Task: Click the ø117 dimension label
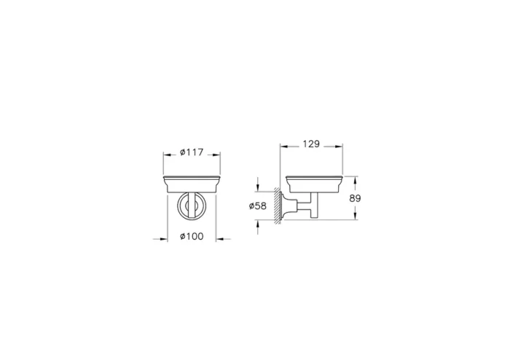[x=192, y=153]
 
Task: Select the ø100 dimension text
[x=192, y=238]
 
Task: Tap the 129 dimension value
[x=311, y=144]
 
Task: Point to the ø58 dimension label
[x=259, y=206]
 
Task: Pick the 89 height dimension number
[x=356, y=197]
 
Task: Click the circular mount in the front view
[x=192, y=208]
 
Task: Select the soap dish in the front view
[x=192, y=183]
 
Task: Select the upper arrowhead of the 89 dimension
[x=356, y=179]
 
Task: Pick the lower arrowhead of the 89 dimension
[x=356, y=217]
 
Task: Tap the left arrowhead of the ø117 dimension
[x=165, y=153]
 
